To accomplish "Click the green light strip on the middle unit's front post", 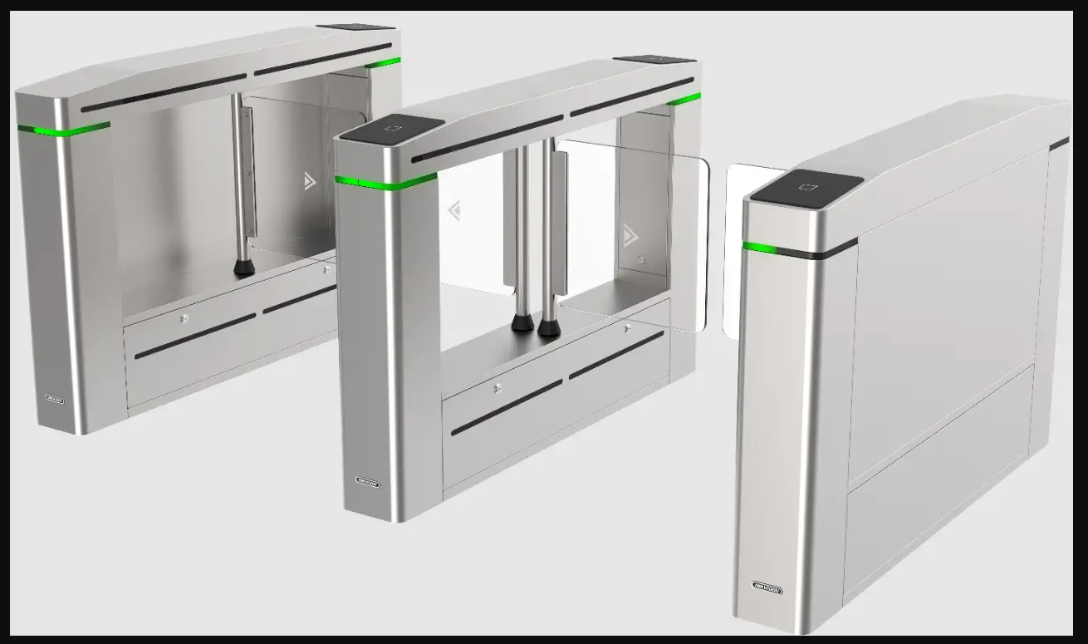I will [x=386, y=180].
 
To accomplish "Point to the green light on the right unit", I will [x=759, y=247].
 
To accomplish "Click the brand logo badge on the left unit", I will [x=54, y=398].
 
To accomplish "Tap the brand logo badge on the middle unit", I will [x=367, y=481].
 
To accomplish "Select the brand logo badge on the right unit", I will [x=767, y=587].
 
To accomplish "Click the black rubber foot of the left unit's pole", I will [x=243, y=267].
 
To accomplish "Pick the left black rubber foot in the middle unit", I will [x=522, y=322].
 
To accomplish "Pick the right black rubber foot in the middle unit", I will [x=548, y=326].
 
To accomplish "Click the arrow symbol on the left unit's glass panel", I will [x=310, y=181].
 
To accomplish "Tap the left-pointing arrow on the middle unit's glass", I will [x=454, y=211].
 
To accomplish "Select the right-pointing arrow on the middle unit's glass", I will [x=630, y=237].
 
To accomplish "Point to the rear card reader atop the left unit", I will [x=355, y=27].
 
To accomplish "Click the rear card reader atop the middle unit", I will [x=654, y=60].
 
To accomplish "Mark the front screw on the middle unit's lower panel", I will [x=497, y=388].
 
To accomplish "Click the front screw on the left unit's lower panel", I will [x=184, y=317].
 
